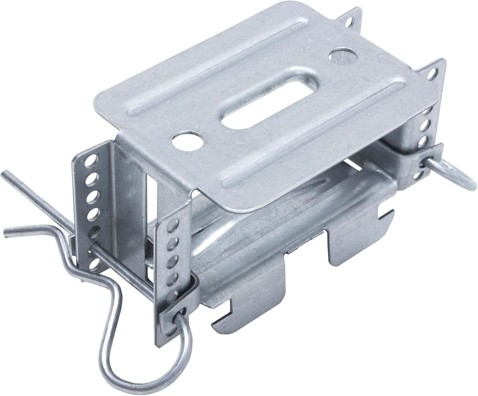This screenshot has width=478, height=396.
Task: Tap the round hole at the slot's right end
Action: pos(343,56)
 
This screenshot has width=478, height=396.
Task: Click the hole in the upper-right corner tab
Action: pos(432,74)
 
